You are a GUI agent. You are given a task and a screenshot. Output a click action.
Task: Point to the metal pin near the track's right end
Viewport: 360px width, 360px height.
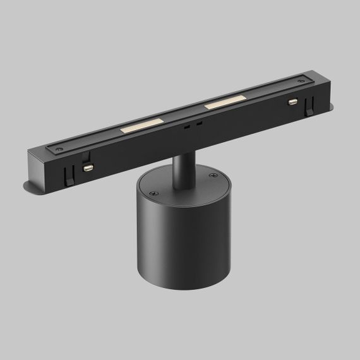pos(292,101)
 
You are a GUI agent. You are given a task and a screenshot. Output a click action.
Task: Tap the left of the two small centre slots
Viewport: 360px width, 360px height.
pos(187,125)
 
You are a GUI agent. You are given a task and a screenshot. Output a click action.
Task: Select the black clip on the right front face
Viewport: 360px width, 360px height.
pos(309,106)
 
